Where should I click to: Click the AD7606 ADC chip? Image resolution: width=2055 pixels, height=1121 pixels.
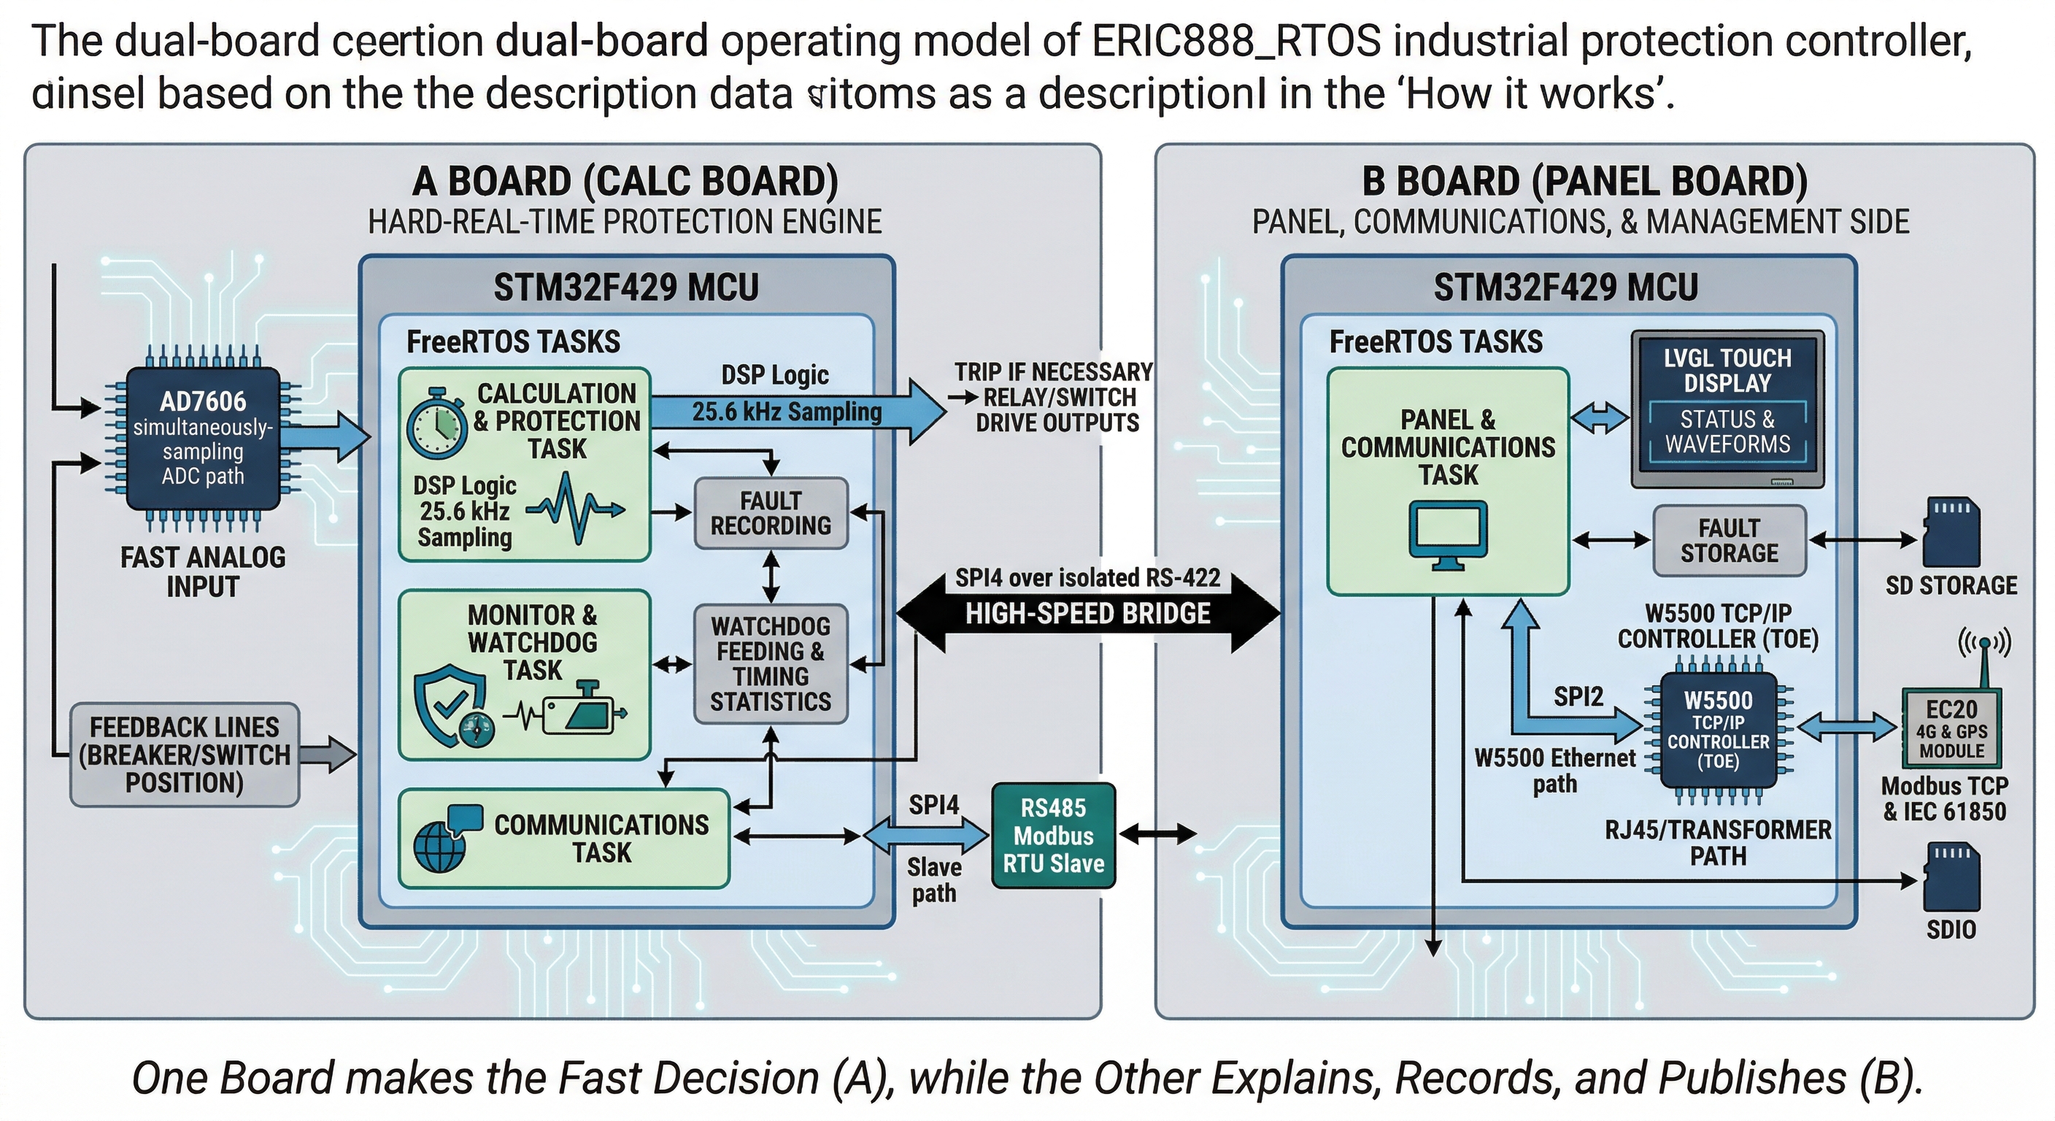pyautogui.click(x=203, y=438)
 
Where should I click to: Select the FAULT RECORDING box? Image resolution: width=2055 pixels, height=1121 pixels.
pyautogui.click(x=771, y=513)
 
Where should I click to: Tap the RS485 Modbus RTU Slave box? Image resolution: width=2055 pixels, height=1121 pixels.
pyautogui.click(x=1053, y=836)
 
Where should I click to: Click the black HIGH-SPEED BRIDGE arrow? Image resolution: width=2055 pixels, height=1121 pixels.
pyautogui.click(x=1088, y=613)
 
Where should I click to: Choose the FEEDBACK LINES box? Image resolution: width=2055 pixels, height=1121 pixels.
pyautogui.click(x=185, y=754)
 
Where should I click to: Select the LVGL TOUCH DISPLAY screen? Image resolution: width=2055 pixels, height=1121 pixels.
pyautogui.click(x=1727, y=409)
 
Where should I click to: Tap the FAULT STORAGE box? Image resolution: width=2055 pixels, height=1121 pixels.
pyautogui.click(x=1729, y=540)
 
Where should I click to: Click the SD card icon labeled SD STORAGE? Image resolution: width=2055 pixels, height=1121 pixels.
pyautogui.click(x=1951, y=533)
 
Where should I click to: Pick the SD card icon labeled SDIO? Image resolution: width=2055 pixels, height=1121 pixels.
pyautogui.click(x=1951, y=878)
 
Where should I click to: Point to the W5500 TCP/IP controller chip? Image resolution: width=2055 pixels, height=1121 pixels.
pyautogui.click(x=1718, y=730)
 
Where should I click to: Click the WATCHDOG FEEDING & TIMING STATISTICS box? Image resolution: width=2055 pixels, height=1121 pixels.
pyautogui.click(x=771, y=664)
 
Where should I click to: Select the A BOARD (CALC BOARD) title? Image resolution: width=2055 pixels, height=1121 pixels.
pyautogui.click(x=625, y=181)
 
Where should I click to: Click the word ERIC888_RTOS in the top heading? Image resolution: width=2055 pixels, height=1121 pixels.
pyautogui.click(x=1235, y=42)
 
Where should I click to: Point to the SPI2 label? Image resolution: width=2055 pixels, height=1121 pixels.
pyautogui.click(x=1578, y=696)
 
